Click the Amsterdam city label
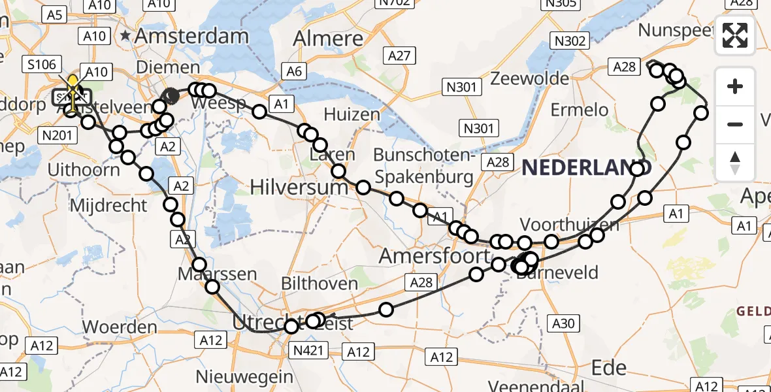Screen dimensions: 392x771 [191, 37]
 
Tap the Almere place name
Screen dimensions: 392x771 [327, 39]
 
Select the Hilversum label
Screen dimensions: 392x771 [299, 188]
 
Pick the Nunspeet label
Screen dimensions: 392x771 [676, 30]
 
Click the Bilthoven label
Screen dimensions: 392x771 [319, 284]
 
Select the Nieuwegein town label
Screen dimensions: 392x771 [245, 377]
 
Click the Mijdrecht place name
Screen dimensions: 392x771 [108, 205]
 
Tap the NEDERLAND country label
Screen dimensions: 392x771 [587, 168]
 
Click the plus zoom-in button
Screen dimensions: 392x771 [735, 86]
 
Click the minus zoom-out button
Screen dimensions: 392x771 [735, 124]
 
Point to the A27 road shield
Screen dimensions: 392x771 [398, 56]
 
